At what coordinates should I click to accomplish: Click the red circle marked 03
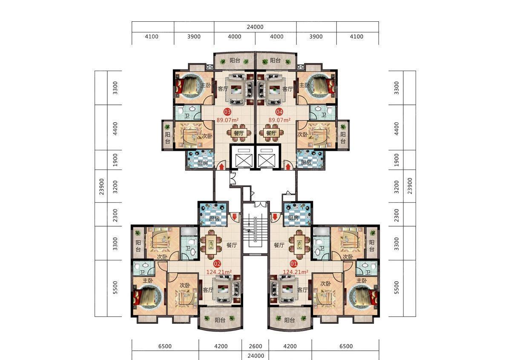[227, 112]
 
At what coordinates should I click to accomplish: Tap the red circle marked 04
[279, 112]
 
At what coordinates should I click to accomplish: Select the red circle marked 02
[217, 264]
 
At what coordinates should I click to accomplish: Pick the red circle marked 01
[293, 264]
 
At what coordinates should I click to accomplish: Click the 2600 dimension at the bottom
[255, 346]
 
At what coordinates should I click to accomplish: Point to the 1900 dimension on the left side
[115, 160]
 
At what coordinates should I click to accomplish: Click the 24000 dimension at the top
[255, 27]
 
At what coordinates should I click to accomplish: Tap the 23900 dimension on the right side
[410, 186]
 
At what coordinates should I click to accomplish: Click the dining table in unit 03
[239, 132]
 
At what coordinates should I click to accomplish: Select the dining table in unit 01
[299, 245]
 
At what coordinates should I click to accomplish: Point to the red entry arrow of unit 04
[288, 167]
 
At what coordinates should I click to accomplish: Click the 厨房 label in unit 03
[202, 163]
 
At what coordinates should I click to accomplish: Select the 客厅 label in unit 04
[287, 89]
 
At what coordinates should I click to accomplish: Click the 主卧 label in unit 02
[148, 280]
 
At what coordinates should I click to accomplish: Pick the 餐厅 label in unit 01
[279, 245]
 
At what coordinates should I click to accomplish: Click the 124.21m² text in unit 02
[219, 272]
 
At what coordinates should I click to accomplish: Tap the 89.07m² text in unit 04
[279, 120]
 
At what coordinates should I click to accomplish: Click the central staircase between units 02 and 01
[255, 232]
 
